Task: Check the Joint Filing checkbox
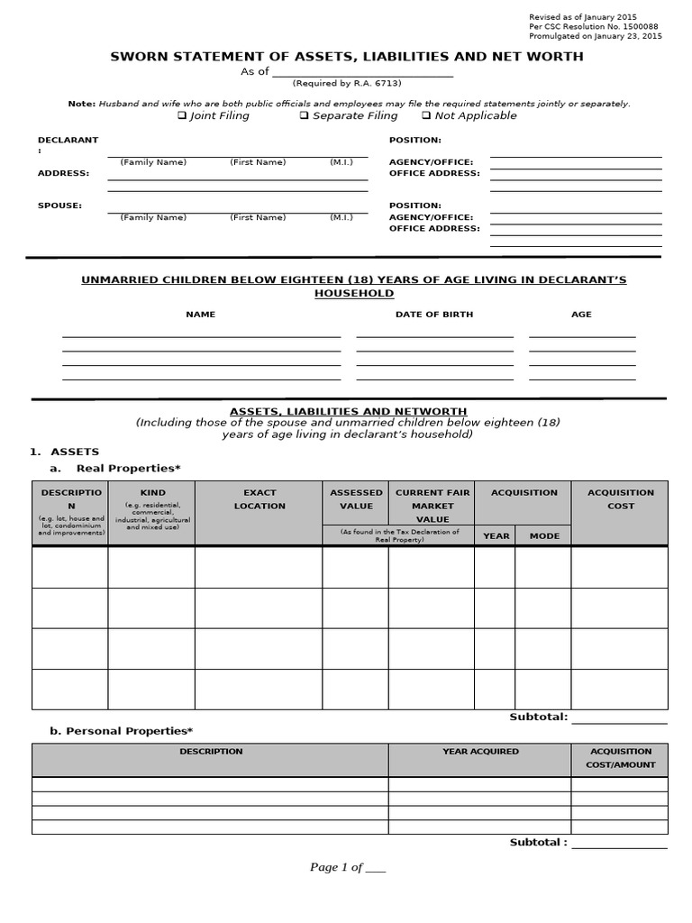(182, 115)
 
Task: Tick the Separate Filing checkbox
(305, 115)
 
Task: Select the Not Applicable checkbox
(426, 115)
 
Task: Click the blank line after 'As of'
(363, 72)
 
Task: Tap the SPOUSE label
(59, 206)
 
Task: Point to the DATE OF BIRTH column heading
(434, 315)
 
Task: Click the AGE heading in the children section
(581, 315)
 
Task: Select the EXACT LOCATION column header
(259, 499)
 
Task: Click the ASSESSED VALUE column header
(356, 499)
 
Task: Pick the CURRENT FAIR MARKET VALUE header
(432, 506)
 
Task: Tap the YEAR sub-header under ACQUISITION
(496, 536)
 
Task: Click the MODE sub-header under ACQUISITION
(544, 536)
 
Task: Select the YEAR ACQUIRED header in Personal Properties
(480, 751)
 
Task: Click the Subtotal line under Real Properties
(619, 718)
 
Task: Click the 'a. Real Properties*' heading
(115, 469)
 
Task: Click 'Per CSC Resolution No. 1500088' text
(595, 27)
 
